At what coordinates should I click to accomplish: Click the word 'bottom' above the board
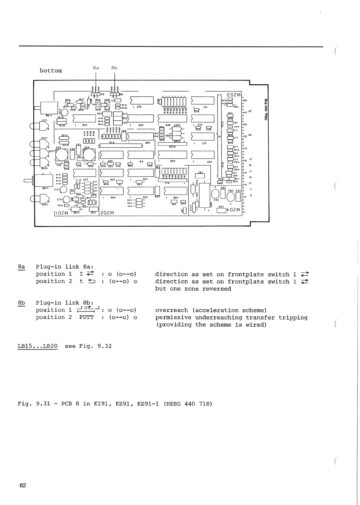[x=51, y=71]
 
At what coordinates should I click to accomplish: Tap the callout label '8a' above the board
[x=96, y=68]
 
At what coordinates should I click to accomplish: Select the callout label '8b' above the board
[x=114, y=68]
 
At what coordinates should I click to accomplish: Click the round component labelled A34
[x=62, y=155]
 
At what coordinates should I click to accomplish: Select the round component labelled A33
[x=89, y=155]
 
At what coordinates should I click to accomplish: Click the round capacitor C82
[x=231, y=197]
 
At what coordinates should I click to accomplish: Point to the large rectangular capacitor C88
[x=204, y=195]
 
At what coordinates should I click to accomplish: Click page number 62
[x=23, y=485]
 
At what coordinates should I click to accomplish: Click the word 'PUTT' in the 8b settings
[x=86, y=317]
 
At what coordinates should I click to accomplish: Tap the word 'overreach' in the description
[x=172, y=310]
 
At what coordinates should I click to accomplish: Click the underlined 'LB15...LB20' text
[x=38, y=346]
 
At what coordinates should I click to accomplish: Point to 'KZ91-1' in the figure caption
[x=148, y=404]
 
